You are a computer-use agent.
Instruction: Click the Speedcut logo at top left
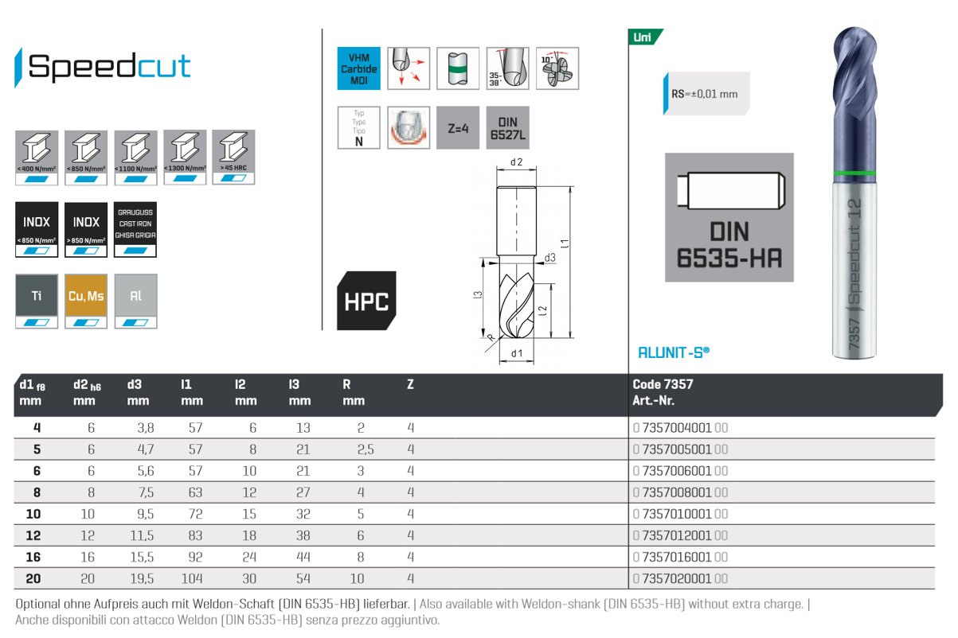tap(104, 67)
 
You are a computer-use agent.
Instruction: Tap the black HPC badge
tap(366, 301)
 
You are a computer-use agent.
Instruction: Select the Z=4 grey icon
tap(457, 127)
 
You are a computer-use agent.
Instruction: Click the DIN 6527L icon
tap(507, 127)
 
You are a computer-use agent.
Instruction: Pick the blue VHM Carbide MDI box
tap(358, 68)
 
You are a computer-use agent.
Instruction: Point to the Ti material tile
tap(37, 301)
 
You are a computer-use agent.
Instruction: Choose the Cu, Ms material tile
tap(86, 301)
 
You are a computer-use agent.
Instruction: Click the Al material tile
tap(135, 301)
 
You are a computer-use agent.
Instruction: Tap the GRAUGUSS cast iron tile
tap(135, 229)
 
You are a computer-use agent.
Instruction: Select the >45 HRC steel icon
tap(234, 158)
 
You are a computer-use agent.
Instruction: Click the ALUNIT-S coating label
tap(674, 352)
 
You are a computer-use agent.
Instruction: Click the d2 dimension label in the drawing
tap(515, 162)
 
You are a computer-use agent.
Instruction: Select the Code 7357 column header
tap(663, 384)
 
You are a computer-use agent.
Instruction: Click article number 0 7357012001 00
tap(681, 535)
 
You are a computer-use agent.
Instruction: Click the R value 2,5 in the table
tap(365, 449)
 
